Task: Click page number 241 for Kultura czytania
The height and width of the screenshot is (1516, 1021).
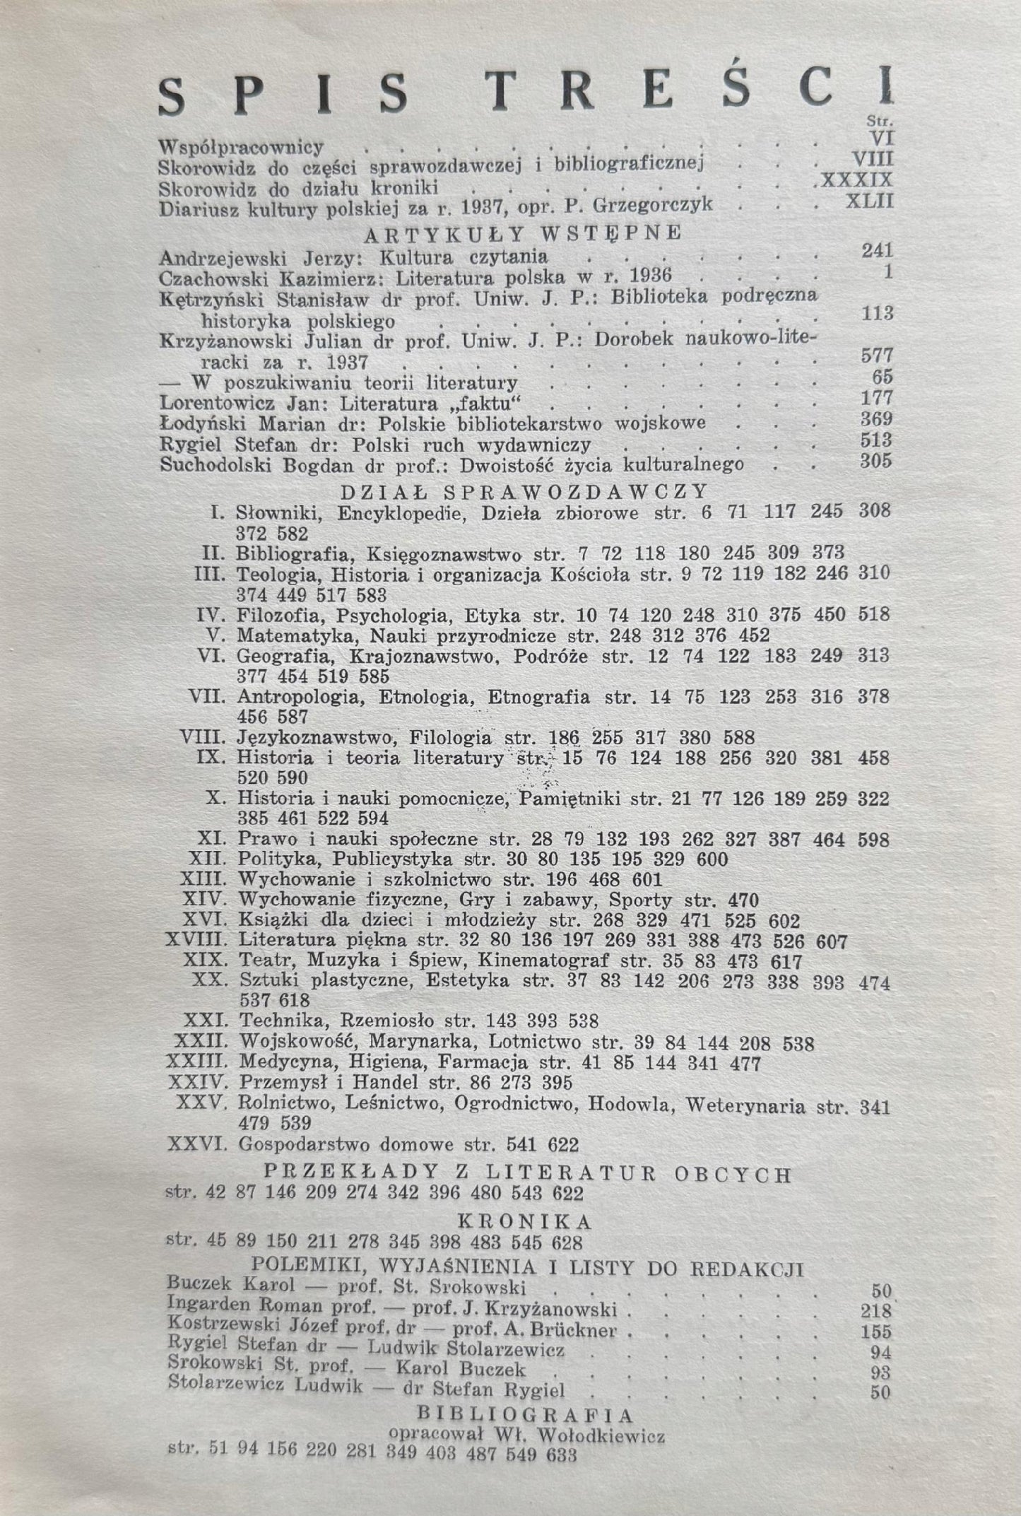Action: [877, 251]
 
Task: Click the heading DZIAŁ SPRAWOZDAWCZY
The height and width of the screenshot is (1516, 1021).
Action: [524, 490]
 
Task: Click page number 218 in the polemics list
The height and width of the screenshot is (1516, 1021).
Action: [875, 1311]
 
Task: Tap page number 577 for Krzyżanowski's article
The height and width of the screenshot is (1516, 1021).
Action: [877, 356]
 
